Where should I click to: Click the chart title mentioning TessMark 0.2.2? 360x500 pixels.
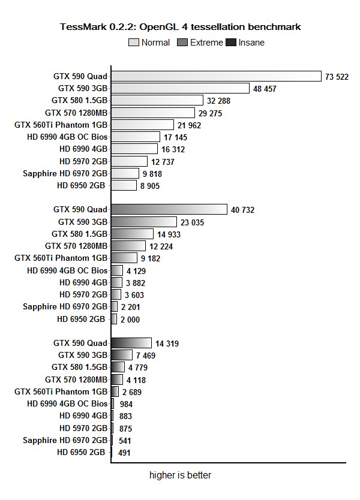click(x=180, y=27)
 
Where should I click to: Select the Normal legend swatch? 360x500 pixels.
click(x=134, y=43)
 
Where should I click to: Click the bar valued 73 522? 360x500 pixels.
click(x=216, y=76)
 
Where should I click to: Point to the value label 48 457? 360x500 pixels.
click(x=265, y=89)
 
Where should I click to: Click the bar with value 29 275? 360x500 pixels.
click(x=153, y=113)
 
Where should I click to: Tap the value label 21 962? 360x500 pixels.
click(x=189, y=125)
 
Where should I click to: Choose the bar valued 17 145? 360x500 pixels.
click(x=136, y=137)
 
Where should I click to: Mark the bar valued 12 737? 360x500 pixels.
click(x=129, y=161)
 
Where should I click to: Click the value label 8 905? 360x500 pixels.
click(x=151, y=186)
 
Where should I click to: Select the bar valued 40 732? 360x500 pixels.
click(x=169, y=209)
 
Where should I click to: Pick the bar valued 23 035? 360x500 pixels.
click(x=144, y=222)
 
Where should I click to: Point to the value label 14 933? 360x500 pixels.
click(x=169, y=234)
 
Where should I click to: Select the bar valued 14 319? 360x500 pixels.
click(x=131, y=343)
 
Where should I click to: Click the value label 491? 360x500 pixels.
click(x=124, y=453)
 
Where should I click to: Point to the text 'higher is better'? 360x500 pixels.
click(x=180, y=475)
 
